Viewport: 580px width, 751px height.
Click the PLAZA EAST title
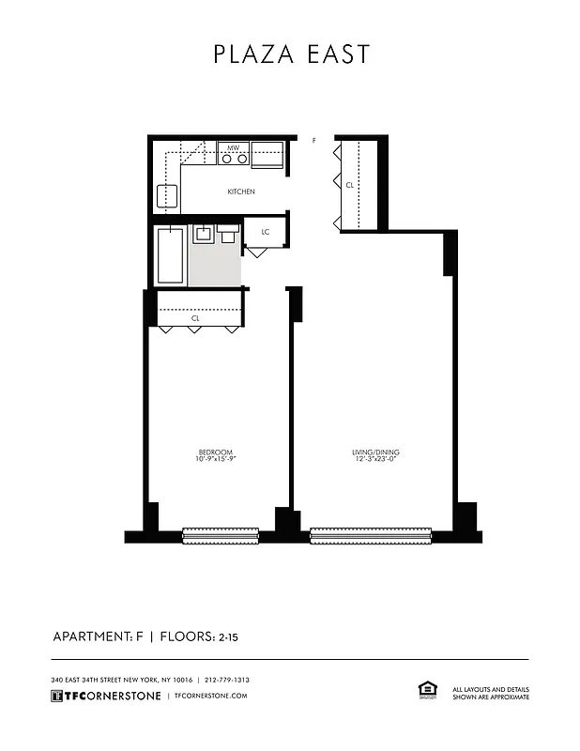(x=291, y=54)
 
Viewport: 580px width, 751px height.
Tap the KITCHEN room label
(x=241, y=192)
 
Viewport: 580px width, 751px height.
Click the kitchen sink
(x=167, y=195)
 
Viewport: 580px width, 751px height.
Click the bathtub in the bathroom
(x=170, y=254)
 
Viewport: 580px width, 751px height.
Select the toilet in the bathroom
(x=228, y=235)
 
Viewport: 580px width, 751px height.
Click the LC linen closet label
(x=266, y=231)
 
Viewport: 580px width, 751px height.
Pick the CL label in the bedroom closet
(x=195, y=318)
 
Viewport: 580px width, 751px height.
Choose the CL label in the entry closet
(x=350, y=185)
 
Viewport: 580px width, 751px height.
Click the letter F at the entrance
(x=314, y=140)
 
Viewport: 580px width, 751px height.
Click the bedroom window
(x=216, y=536)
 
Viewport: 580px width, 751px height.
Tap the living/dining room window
(x=370, y=536)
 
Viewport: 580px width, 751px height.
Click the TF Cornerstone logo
(x=105, y=696)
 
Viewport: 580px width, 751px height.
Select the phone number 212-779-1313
(x=227, y=680)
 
